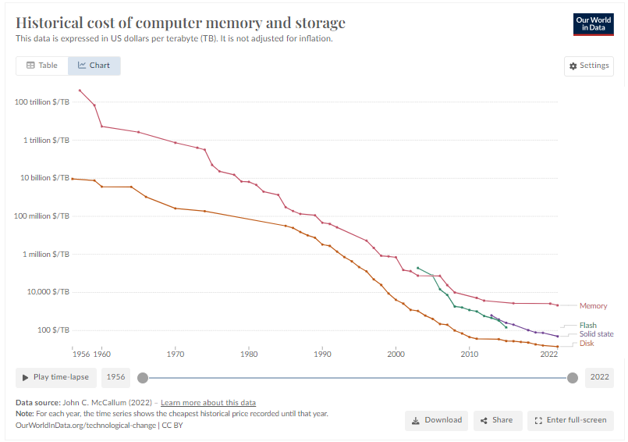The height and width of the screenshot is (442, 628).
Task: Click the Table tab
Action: coord(42,66)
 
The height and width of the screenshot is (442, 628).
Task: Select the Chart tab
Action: coord(94,66)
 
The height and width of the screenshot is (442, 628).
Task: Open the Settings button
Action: coord(589,66)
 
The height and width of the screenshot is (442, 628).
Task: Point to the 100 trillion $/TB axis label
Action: coord(42,102)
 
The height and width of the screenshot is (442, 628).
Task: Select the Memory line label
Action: coord(593,306)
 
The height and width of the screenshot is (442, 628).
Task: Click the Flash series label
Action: coord(588,325)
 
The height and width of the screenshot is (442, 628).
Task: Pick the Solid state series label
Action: coord(596,334)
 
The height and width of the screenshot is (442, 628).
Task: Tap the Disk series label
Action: coord(586,344)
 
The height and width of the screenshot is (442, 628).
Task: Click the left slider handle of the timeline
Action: coord(142,378)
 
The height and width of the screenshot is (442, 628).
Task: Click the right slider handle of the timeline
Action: coord(573,378)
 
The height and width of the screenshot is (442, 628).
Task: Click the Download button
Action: coord(436,420)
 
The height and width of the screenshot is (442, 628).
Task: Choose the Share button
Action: coord(497,420)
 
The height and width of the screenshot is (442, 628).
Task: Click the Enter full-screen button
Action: coord(570,420)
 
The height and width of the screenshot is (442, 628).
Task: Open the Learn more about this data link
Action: coord(208,403)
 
